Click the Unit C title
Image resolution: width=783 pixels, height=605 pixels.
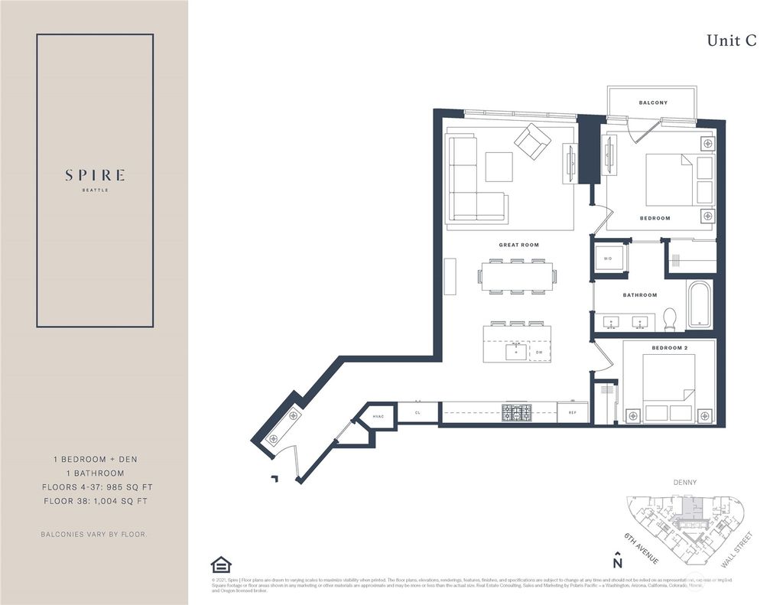[731, 41]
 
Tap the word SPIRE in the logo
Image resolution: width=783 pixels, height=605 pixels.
[95, 175]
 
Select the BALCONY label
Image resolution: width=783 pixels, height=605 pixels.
[653, 102]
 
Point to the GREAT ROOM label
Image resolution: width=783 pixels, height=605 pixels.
[519, 246]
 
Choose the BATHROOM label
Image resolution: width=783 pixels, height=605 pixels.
[639, 295]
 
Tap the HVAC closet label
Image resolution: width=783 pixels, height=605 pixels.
[379, 416]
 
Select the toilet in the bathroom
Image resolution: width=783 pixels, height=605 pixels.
[670, 318]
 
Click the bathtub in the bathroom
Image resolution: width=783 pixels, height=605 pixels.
[699, 304]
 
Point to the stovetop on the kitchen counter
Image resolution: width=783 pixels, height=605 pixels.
[517, 413]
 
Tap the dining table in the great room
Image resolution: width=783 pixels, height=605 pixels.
[517, 277]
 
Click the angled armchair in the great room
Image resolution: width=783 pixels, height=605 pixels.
[532, 141]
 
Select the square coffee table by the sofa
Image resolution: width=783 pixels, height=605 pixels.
[499, 167]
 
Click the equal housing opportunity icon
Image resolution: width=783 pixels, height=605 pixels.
[221, 564]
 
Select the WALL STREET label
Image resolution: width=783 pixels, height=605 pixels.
[740, 549]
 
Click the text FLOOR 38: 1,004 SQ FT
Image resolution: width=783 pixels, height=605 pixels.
[94, 501]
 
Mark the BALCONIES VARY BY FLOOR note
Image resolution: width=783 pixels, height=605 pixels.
[94, 534]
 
